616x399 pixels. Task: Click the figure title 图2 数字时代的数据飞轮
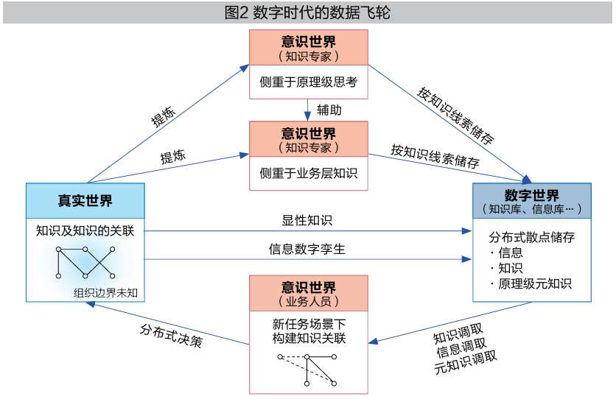coord(307,13)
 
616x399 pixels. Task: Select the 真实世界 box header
coord(85,200)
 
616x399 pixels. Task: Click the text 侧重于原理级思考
coord(308,82)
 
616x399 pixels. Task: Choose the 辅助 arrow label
coord(329,110)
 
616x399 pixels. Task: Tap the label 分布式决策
coord(171,335)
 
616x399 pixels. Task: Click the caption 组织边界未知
coord(106,292)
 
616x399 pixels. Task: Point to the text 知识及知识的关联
coord(85,230)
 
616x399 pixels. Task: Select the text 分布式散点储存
coord(531,237)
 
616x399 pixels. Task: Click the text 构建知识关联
coord(308,338)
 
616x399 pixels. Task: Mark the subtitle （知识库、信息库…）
coord(531,209)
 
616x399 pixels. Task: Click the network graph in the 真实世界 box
coord(85,261)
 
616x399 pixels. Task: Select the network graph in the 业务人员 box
coord(307,368)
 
